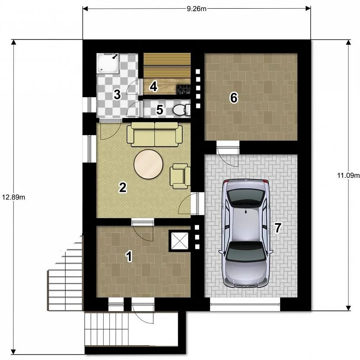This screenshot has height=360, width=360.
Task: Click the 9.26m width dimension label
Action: click(x=196, y=9)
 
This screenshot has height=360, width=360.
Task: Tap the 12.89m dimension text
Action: click(x=13, y=197)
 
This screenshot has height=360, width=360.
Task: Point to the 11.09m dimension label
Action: click(x=348, y=175)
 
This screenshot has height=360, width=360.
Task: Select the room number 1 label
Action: click(x=129, y=256)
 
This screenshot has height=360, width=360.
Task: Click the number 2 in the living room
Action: click(x=123, y=187)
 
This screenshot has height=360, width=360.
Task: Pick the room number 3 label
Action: click(x=117, y=95)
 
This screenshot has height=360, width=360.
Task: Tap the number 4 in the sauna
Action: click(x=154, y=87)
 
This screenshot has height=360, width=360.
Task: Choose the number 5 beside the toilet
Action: click(x=159, y=109)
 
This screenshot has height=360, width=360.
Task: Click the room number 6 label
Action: click(x=234, y=98)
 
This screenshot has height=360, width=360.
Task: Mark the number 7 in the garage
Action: click(x=278, y=228)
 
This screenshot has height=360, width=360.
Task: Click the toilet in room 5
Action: click(x=181, y=109)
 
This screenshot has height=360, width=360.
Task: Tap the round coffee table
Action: click(x=148, y=164)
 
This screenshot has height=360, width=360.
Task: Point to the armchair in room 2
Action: click(x=180, y=176)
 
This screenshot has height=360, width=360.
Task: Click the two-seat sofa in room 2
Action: click(x=155, y=134)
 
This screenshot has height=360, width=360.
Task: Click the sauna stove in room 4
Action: click(x=183, y=89)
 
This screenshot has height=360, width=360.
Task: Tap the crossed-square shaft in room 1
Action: click(x=180, y=241)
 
